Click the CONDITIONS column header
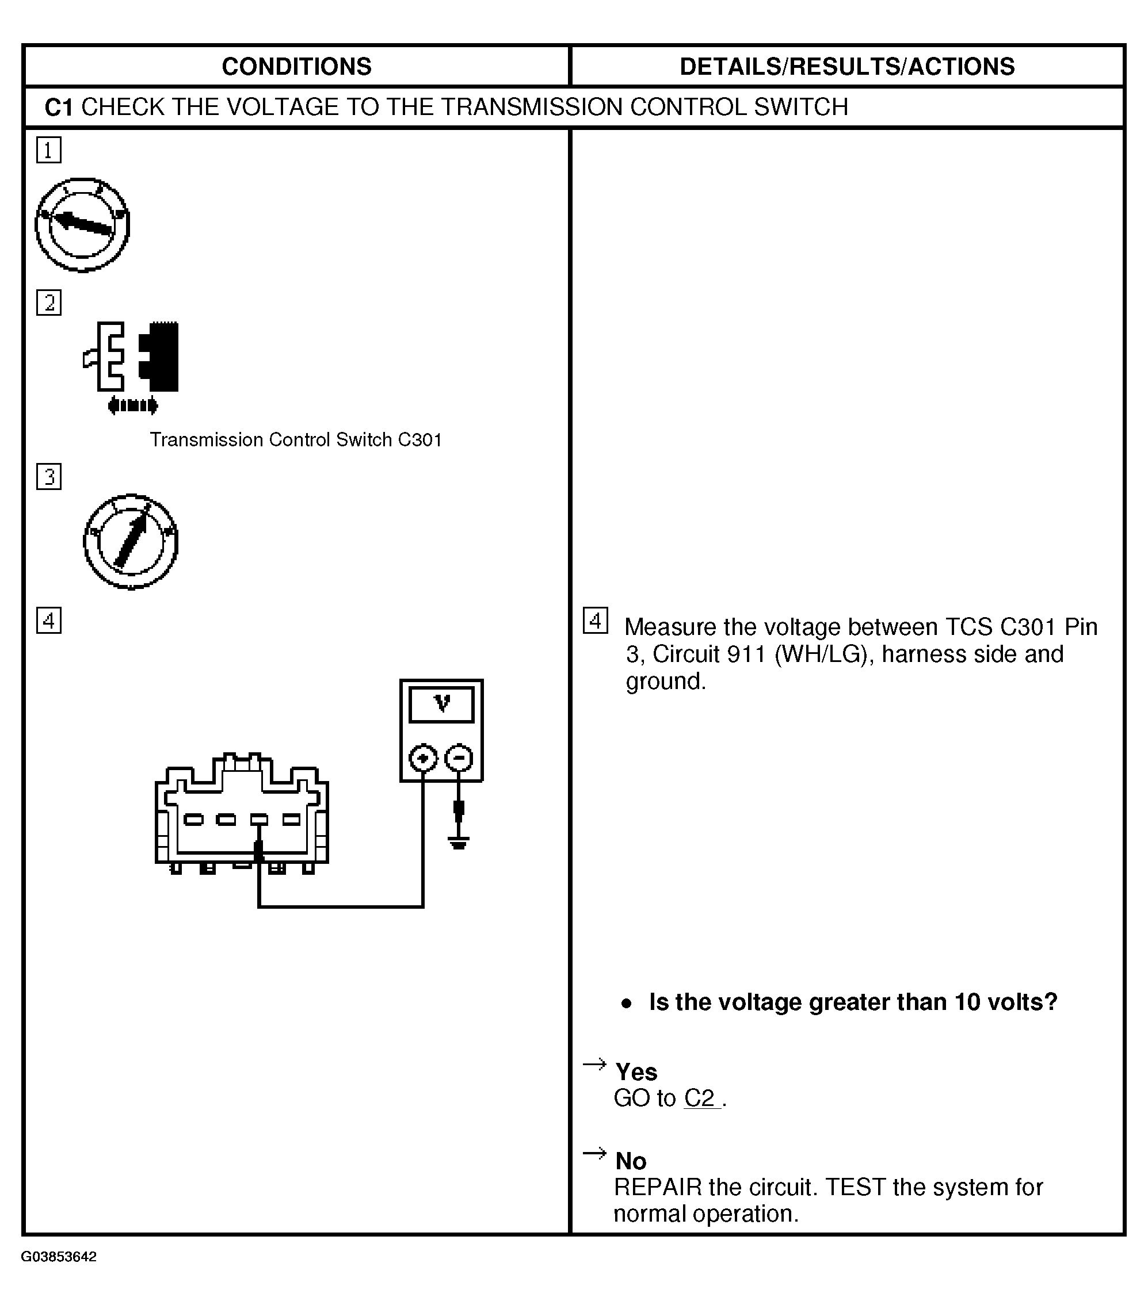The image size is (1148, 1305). pos(296,66)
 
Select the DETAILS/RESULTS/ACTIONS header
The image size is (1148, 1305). pos(846,66)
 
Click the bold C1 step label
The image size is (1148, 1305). pos(58,107)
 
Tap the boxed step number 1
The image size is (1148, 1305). pos(49,151)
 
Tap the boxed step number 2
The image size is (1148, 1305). pos(49,303)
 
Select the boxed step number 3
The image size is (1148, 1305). pos(49,477)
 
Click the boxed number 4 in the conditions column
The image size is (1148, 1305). pos(49,621)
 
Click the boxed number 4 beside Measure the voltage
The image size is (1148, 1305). pos(596,621)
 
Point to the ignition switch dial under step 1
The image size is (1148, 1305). pos(82,225)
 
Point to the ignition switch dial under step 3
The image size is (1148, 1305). pos(131,541)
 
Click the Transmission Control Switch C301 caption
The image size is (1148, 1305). pos(296,440)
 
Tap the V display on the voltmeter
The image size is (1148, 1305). pos(441,704)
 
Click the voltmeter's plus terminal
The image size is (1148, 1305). pos(423,759)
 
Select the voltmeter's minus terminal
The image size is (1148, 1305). pos(459,759)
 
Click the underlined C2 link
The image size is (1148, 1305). pos(701,1098)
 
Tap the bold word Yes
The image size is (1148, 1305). pos(636,1071)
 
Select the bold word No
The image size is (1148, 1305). pos(631,1160)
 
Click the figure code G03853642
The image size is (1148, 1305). pos(59,1257)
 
